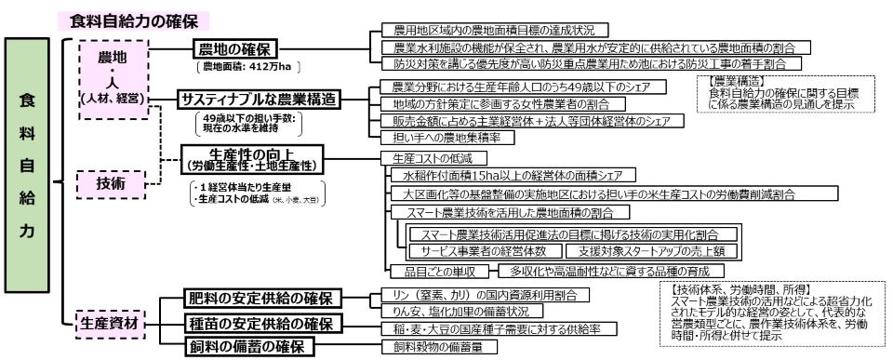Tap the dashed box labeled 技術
pyautogui.click(x=112, y=183)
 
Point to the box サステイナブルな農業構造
pyautogui.click(x=259, y=99)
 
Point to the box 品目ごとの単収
pyautogui.click(x=433, y=272)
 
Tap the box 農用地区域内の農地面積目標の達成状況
pyautogui.click(x=489, y=30)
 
